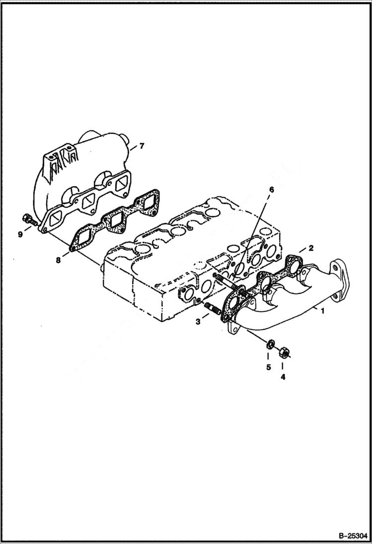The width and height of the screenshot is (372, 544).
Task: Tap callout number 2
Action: pos(310,247)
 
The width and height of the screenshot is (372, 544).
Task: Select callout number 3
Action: pos(198,322)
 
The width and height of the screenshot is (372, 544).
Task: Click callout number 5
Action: pos(268,367)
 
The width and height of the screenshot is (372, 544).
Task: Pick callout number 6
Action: pos(271,189)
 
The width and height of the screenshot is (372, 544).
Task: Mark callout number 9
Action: pos(20,234)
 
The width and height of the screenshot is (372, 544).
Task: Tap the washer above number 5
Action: pos(271,344)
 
